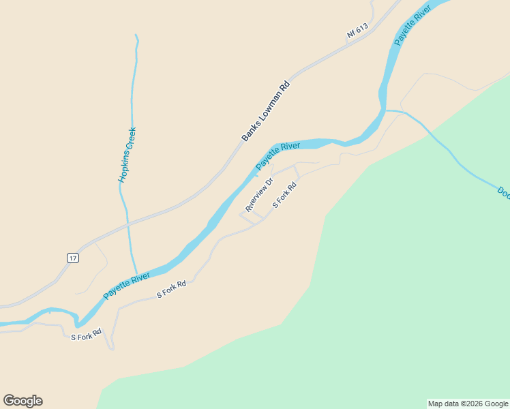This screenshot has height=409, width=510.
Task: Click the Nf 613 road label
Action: click(x=357, y=31)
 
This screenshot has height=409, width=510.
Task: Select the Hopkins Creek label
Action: click(x=127, y=155)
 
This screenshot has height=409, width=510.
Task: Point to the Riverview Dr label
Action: click(x=259, y=194)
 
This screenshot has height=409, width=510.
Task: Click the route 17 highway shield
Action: click(x=73, y=258)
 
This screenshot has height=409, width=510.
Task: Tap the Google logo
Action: click(x=22, y=401)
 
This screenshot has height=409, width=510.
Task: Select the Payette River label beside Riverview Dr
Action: click(x=278, y=156)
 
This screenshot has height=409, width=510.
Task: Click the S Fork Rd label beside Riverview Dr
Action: click(x=285, y=195)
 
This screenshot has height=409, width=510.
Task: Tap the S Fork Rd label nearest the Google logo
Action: click(x=86, y=335)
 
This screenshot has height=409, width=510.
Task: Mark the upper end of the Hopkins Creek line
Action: click(x=136, y=35)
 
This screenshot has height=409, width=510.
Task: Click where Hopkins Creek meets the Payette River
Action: click(x=136, y=273)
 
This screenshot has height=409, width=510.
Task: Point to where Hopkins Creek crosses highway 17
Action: click(x=127, y=222)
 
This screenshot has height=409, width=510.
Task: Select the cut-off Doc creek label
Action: click(x=503, y=193)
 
